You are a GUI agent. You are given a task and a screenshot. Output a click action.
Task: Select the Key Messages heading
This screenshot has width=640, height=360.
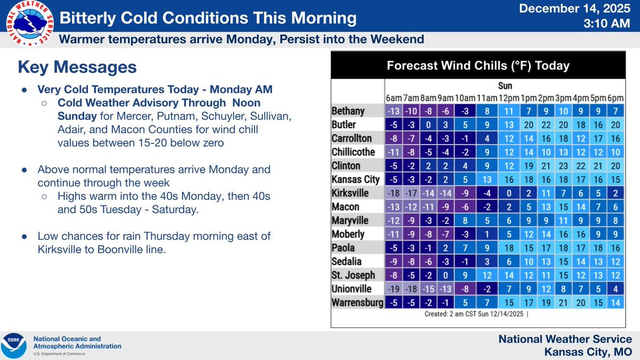pos(77,67)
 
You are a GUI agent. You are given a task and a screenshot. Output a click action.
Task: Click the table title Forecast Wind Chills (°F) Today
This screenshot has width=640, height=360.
pos(478,66)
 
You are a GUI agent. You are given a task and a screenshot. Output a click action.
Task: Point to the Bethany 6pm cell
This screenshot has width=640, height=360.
pos(615,110)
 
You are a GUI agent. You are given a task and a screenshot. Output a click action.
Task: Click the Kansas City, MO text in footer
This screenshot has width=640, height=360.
pos(588,352)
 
